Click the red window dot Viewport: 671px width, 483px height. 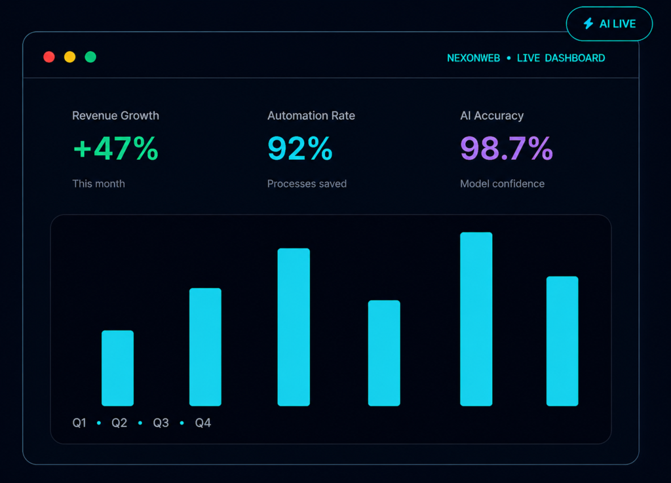pos(49,57)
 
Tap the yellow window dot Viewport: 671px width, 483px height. pos(69,57)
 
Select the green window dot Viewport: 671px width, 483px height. pos(90,57)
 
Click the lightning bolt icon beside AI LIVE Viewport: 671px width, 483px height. pos(588,24)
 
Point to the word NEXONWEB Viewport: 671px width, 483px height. pos(473,58)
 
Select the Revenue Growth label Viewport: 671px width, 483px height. pos(115,115)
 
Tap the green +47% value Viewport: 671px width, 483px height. pos(116,149)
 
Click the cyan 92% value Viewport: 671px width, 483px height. pos(300,149)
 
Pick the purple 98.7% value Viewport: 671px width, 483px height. pos(507,149)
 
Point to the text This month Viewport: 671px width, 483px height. pos(98,184)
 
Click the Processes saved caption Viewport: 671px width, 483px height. pos(307,184)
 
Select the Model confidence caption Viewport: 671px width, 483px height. pos(503,184)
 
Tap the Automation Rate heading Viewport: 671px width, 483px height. pos(311,115)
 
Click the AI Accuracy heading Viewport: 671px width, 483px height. pos(491,116)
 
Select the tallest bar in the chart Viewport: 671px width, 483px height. pos(476,319)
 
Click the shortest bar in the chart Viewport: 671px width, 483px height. pos(118,368)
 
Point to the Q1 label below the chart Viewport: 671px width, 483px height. pos(79,423)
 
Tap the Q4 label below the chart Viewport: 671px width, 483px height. pos(203,423)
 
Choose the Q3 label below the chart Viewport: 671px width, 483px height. pos(161,423)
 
